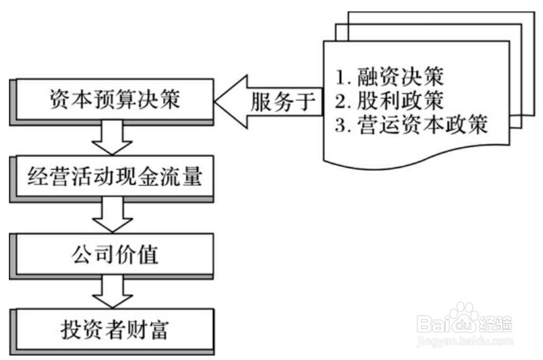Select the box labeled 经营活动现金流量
(x=114, y=177)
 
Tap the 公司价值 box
(x=114, y=255)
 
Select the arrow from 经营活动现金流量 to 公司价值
(x=113, y=217)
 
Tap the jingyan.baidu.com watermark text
(x=465, y=341)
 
